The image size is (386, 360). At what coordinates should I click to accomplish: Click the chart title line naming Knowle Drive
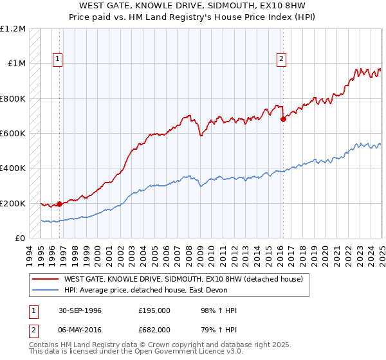[193, 6]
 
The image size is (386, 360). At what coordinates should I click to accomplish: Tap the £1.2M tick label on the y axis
[14, 29]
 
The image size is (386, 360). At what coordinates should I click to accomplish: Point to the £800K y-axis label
[13, 99]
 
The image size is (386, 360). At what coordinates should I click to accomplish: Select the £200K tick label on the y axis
[13, 203]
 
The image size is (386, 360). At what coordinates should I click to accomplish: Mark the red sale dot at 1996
[60, 204]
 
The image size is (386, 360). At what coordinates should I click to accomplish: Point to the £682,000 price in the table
[154, 330]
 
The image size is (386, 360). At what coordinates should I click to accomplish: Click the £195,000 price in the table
[154, 310]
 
